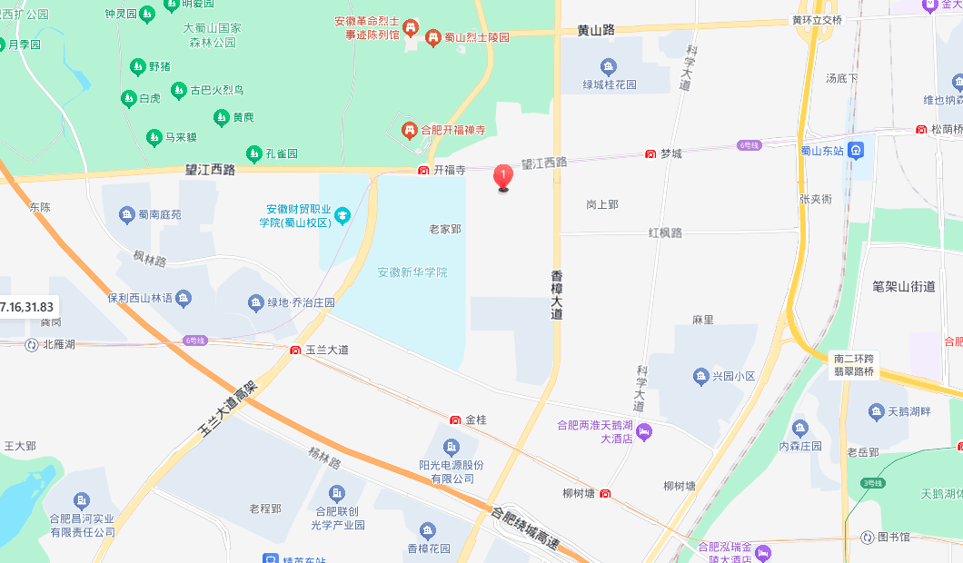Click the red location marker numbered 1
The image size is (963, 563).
coord(502,176)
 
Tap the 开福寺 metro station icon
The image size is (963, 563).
coord(423,170)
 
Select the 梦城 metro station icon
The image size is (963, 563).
coord(650,154)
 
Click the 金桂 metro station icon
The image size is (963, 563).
coord(455,420)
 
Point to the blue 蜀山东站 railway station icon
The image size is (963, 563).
coord(856,150)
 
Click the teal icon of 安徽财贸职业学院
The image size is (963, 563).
coord(342,215)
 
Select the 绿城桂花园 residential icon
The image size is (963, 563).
coord(608,65)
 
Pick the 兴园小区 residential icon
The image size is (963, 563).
coord(700,376)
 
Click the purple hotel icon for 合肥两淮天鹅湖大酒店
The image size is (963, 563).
coord(643,430)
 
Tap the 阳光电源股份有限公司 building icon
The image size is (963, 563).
coord(451,447)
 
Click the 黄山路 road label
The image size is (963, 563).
coord(596,30)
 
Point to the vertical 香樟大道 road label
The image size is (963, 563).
coord(557,294)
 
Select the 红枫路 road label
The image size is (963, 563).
coord(665,233)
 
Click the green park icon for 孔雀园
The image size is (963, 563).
coord(254,153)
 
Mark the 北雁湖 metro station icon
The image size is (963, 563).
coord(33,344)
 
